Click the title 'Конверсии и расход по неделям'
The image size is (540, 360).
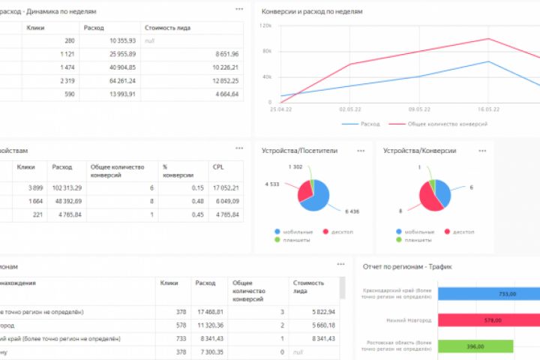(311, 13)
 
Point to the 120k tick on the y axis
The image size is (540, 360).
(265, 25)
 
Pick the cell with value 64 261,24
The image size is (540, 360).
(109, 80)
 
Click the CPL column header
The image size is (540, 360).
(218, 166)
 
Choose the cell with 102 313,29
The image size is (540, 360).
(67, 187)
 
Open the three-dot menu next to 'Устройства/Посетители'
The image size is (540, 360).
(361, 151)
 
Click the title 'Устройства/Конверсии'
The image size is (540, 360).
(419, 151)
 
